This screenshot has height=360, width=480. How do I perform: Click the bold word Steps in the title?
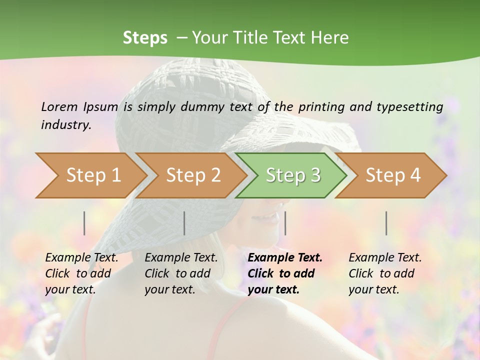click(145, 38)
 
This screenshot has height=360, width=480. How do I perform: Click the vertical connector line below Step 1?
click(84, 223)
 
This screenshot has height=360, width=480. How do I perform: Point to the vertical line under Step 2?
click(184, 223)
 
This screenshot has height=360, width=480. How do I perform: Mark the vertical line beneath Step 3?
click(285, 223)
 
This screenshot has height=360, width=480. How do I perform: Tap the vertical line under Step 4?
click(386, 223)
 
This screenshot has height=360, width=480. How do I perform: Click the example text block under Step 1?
click(81, 273)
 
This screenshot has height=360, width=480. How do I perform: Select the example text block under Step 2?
click(181, 273)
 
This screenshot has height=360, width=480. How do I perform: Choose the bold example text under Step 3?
click(285, 273)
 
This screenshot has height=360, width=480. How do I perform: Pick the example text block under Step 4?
click(385, 273)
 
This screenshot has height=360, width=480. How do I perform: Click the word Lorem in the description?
click(59, 106)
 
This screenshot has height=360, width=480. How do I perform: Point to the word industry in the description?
click(65, 125)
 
